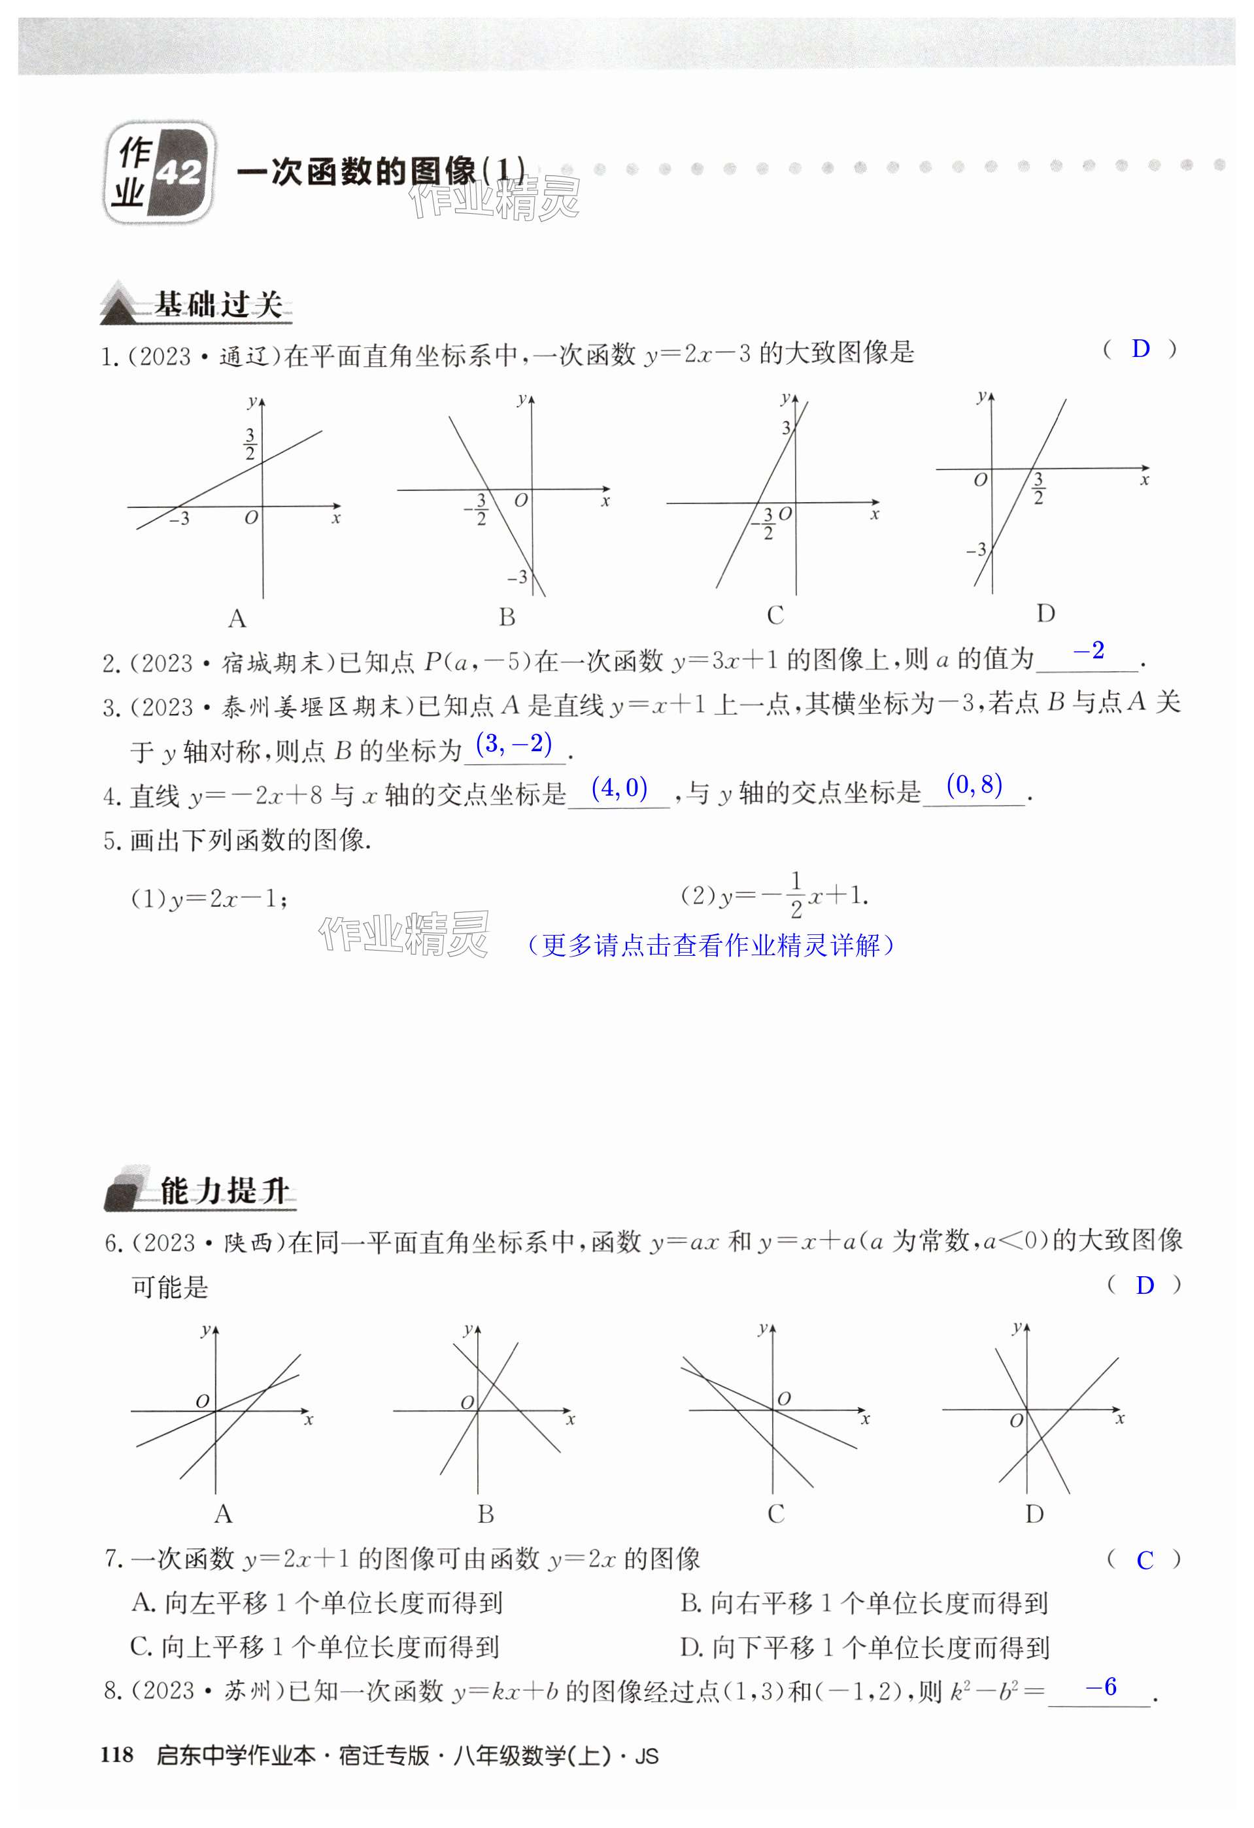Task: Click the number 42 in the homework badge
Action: pos(179,172)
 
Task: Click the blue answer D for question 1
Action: pos(1140,349)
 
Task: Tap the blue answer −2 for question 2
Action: pos(1089,651)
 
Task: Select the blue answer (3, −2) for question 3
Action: pos(514,743)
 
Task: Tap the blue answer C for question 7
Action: pos(1145,1561)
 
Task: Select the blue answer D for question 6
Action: pos(1145,1285)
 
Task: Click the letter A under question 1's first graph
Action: pos(237,620)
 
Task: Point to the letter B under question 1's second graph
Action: pos(507,617)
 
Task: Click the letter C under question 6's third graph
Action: pos(775,1514)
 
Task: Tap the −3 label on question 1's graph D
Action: pos(975,550)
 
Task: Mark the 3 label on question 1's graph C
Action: pos(785,428)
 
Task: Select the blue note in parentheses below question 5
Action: pos(711,945)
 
